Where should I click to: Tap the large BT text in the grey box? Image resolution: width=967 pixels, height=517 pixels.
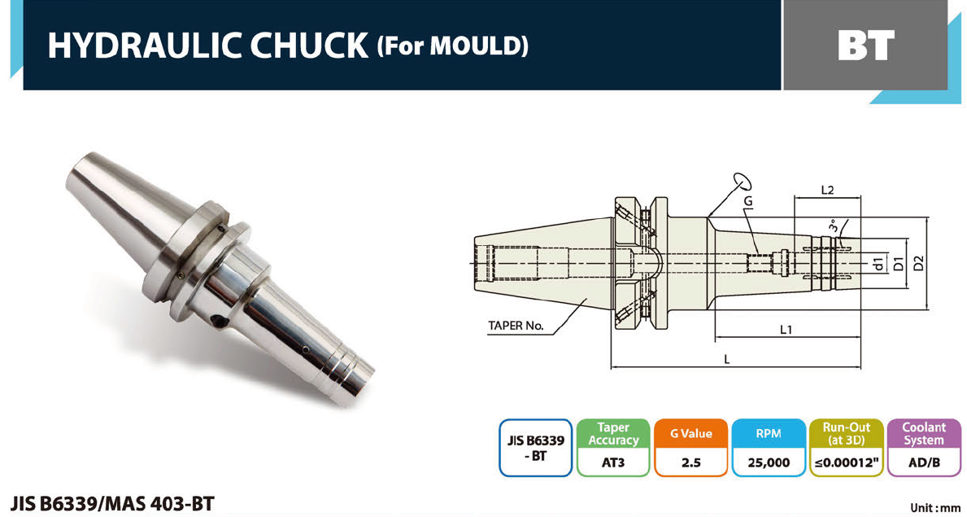click(866, 45)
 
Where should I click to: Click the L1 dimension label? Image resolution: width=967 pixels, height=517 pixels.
click(786, 330)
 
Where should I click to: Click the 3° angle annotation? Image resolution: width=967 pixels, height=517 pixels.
click(832, 226)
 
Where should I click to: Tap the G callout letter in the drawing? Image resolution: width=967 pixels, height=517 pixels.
click(748, 201)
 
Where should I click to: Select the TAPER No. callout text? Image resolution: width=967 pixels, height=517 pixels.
click(516, 325)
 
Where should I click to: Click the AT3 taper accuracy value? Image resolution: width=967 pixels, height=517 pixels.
click(612, 462)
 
